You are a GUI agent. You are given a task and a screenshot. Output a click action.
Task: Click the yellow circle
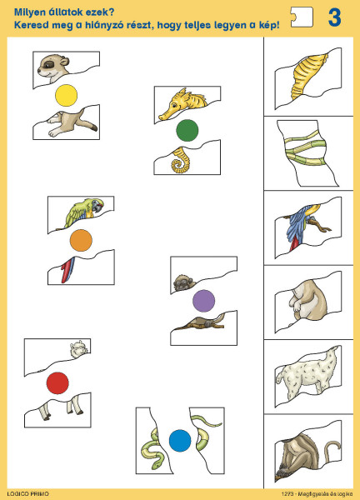point(67,95)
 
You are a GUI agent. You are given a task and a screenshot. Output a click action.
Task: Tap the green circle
point(187,130)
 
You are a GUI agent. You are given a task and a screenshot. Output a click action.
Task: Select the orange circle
point(81,240)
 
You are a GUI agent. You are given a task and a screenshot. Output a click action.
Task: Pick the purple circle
point(204,301)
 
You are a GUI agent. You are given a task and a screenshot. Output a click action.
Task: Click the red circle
point(57,383)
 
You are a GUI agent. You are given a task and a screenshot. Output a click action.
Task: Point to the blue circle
point(180,441)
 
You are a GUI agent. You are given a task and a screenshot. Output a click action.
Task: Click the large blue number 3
point(334,17)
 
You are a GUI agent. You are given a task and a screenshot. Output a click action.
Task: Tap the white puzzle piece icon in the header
point(302,17)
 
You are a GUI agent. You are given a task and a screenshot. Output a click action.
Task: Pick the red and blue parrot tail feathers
point(68,269)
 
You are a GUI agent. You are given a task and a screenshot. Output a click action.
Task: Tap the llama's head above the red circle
point(78,348)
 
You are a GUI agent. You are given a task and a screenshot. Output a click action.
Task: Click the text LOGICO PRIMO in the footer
point(28,494)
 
